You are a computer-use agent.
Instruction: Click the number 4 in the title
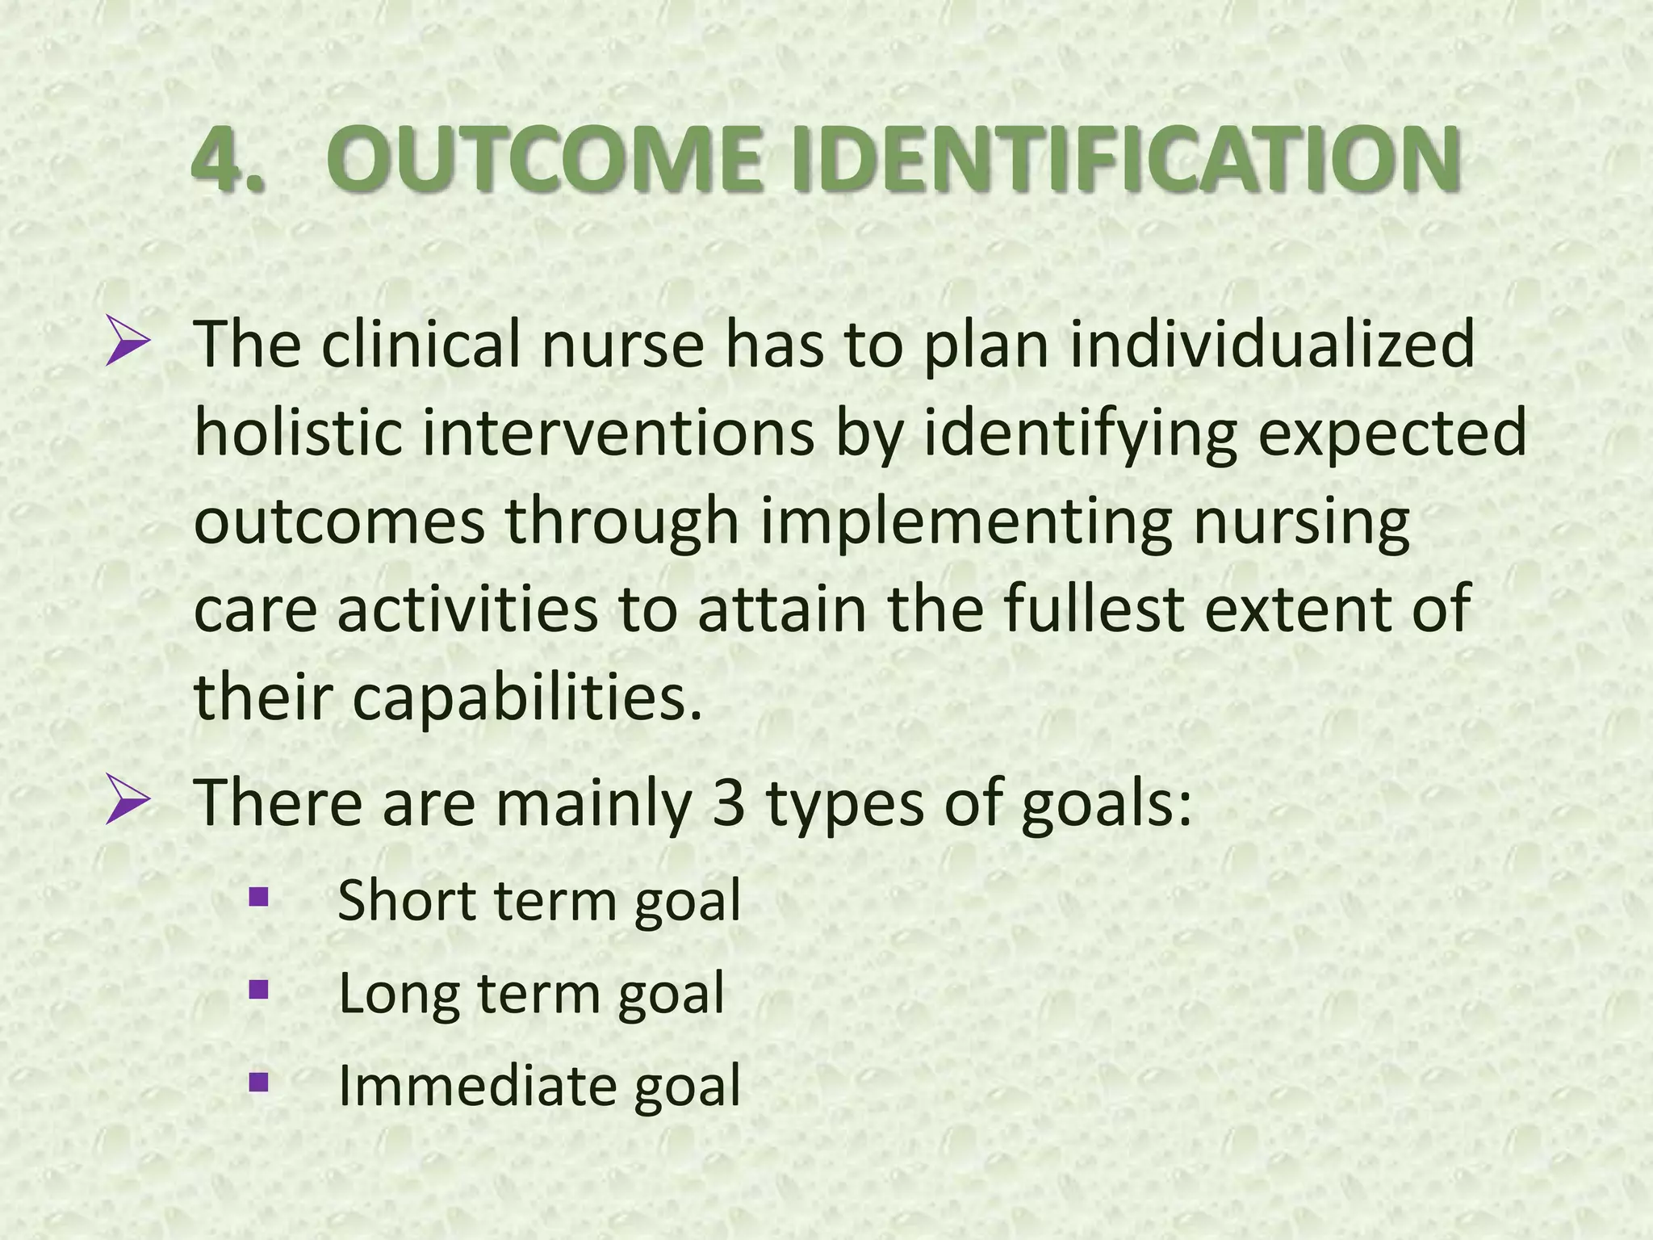[x=220, y=159]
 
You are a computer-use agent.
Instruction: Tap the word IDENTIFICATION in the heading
[x=1126, y=159]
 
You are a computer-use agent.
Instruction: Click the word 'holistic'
[x=298, y=432]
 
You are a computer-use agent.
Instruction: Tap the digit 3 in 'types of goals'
[x=728, y=804]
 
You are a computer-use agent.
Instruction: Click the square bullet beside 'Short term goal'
[x=258, y=896]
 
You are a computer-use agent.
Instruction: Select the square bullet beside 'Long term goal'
[x=258, y=989]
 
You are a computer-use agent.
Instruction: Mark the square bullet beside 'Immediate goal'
[x=258, y=1082]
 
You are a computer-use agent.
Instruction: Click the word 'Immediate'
[x=476, y=1086]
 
